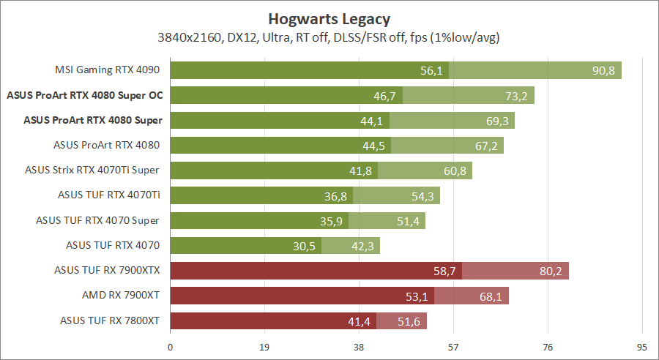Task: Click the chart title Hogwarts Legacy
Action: pyautogui.click(x=329, y=18)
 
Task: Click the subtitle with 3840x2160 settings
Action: pyautogui.click(x=329, y=37)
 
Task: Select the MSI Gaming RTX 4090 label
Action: pyautogui.click(x=108, y=71)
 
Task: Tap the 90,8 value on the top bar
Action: pyautogui.click(x=605, y=71)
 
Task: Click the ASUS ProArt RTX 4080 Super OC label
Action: pyautogui.click(x=84, y=95)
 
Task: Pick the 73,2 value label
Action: pyautogui.click(x=517, y=96)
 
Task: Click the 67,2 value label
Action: pyautogui.click(x=486, y=146)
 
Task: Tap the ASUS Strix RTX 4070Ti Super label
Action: pyautogui.click(x=92, y=170)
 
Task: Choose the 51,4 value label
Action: pyautogui.click(x=409, y=221)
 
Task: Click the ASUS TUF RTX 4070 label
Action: pyautogui.click(x=113, y=245)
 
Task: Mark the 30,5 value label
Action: pyautogui.click(x=304, y=246)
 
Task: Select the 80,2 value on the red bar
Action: pyautogui.click(x=551, y=271)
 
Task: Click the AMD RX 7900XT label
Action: pyautogui.click(x=122, y=295)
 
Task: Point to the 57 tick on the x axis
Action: pyautogui.click(x=453, y=347)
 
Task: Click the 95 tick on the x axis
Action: pyautogui.click(x=642, y=347)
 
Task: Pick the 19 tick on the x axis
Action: pyautogui.click(x=265, y=347)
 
